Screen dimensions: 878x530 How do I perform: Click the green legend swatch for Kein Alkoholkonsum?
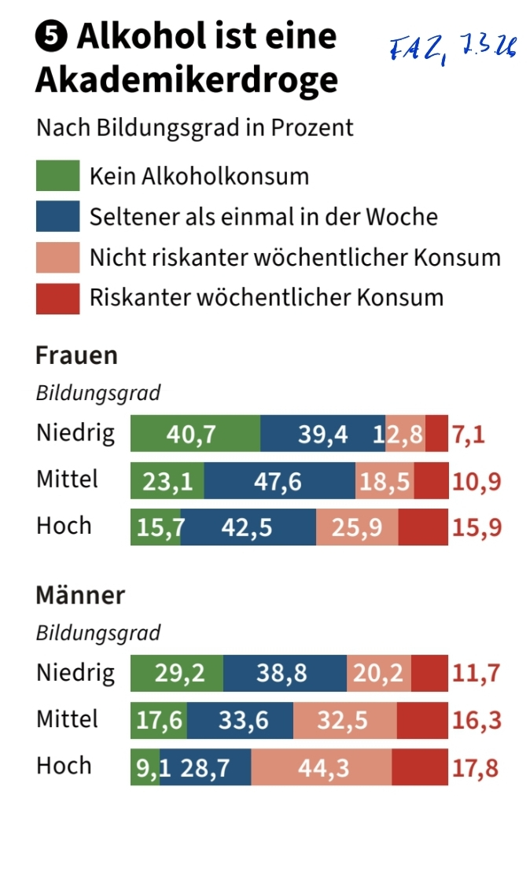(x=57, y=175)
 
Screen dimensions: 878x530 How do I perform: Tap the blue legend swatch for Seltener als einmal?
(x=57, y=216)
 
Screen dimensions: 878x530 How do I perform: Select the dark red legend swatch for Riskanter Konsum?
(x=57, y=298)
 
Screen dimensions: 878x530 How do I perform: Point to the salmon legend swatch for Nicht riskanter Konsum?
(x=57, y=257)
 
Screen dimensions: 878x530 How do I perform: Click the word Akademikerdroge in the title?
(x=186, y=79)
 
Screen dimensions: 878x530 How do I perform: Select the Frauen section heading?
(x=76, y=355)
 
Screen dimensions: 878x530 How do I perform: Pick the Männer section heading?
(x=80, y=595)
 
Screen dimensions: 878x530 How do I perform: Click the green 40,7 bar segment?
(x=195, y=434)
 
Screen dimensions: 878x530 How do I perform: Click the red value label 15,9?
(x=477, y=527)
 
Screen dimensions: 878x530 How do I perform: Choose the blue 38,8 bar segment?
(x=285, y=674)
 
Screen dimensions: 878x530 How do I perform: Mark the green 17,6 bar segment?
(x=159, y=721)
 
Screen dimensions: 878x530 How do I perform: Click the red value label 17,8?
(x=475, y=768)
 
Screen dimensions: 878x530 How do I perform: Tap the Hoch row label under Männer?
(x=64, y=766)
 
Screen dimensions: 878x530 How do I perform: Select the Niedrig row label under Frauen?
(x=75, y=433)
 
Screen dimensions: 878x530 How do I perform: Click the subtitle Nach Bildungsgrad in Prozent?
(x=195, y=127)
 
